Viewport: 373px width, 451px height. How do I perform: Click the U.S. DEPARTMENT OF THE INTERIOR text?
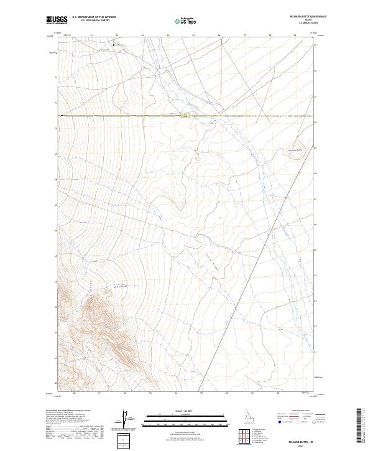pos(94,17)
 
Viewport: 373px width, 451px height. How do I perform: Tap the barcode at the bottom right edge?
pos(359,427)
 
